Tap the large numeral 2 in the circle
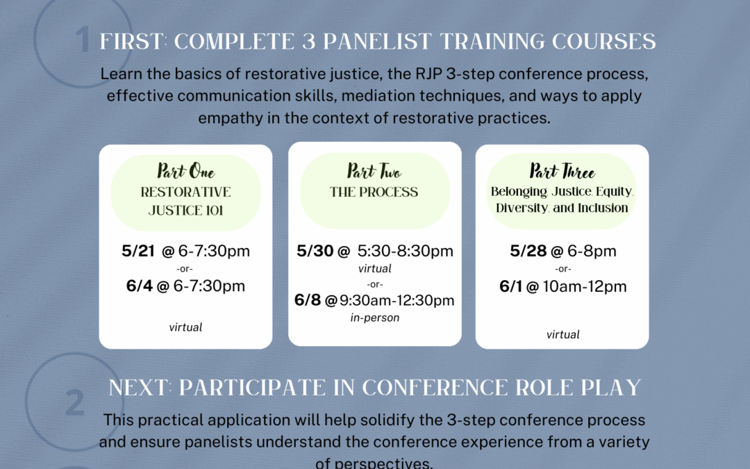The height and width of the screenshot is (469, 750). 74,402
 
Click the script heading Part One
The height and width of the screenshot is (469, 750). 185,171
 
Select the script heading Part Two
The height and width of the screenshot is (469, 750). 374,171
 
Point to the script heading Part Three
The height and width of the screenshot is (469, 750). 562,171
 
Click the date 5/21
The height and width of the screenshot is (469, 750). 138,251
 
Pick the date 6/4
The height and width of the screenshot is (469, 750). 139,286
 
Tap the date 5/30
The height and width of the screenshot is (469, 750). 315,251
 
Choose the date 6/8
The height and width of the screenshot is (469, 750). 308,300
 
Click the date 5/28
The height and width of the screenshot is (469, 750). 528,251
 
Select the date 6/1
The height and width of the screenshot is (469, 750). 511,286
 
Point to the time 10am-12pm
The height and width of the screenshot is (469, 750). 585,287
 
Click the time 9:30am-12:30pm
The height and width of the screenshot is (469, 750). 397,301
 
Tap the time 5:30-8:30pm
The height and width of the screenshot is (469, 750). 405,251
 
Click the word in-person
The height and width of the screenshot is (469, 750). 374,318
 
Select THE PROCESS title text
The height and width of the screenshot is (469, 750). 374,192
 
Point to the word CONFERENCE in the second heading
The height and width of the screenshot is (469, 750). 435,388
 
